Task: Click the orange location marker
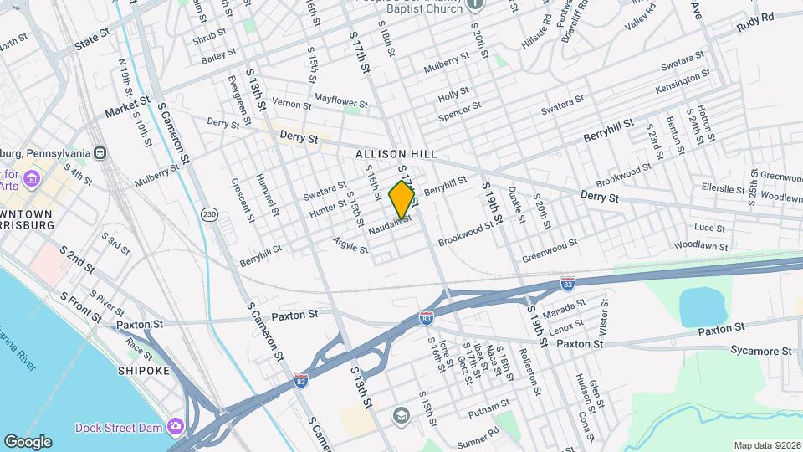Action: pyautogui.click(x=402, y=199)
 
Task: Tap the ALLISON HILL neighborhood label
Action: pyautogui.click(x=396, y=155)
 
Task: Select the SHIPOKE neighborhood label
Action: pyautogui.click(x=143, y=371)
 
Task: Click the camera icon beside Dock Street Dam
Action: pyautogui.click(x=176, y=427)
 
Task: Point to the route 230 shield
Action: pyautogui.click(x=209, y=215)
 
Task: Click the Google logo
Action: pyautogui.click(x=28, y=441)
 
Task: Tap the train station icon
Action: pyautogui.click(x=100, y=153)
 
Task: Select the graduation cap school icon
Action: pyautogui.click(x=401, y=416)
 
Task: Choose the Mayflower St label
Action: pyautogui.click(x=340, y=100)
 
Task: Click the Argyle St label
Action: pyautogui.click(x=350, y=244)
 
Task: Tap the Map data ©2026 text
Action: pyautogui.click(x=765, y=445)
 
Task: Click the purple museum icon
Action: pyautogui.click(x=32, y=178)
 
